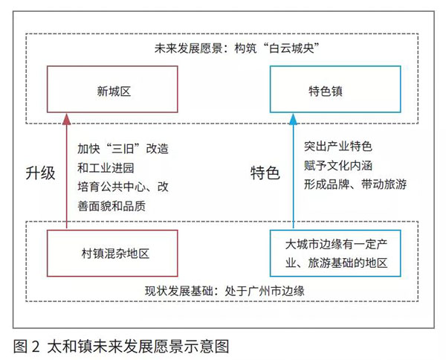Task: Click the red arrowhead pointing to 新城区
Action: point(67,119)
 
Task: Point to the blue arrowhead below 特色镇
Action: point(294,119)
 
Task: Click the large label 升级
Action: point(40,173)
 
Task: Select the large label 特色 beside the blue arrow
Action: point(265,173)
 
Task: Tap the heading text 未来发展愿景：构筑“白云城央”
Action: point(236,48)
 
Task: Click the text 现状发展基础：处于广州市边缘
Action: point(224,291)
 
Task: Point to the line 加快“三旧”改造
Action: point(123,149)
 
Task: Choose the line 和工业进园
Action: point(106,168)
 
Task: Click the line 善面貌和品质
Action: point(111,206)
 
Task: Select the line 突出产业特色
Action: point(338,147)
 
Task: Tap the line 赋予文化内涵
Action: point(338,165)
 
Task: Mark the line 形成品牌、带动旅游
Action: point(355,184)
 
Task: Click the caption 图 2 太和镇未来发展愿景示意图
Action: point(121,347)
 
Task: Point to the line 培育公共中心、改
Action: point(123,187)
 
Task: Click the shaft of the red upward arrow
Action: point(67,176)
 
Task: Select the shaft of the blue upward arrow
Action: point(294,176)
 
